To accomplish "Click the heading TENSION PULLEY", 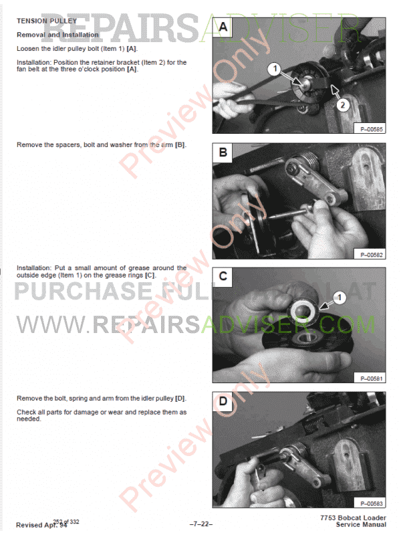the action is (x=47, y=21).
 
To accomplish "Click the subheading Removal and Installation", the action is (x=57, y=35).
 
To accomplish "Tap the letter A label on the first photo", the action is (x=223, y=27).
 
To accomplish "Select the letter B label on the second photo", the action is (x=223, y=152).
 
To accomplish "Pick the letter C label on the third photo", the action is (x=223, y=276).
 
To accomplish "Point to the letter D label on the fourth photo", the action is (x=223, y=401).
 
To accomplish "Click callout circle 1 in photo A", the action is (x=275, y=69).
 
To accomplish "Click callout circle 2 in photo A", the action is (x=343, y=105).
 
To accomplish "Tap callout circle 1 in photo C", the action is (x=339, y=298).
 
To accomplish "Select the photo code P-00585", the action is (x=372, y=129).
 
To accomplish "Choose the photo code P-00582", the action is (x=372, y=255).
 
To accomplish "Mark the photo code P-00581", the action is (x=372, y=379).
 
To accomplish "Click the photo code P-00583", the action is (x=372, y=504).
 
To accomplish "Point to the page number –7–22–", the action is (x=201, y=524).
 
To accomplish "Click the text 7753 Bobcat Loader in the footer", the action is (x=353, y=518).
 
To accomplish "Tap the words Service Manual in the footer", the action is (x=361, y=525).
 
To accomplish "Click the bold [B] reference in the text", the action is (x=180, y=145).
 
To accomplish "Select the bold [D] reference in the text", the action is (x=180, y=399).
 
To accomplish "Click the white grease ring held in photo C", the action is (x=302, y=310).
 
